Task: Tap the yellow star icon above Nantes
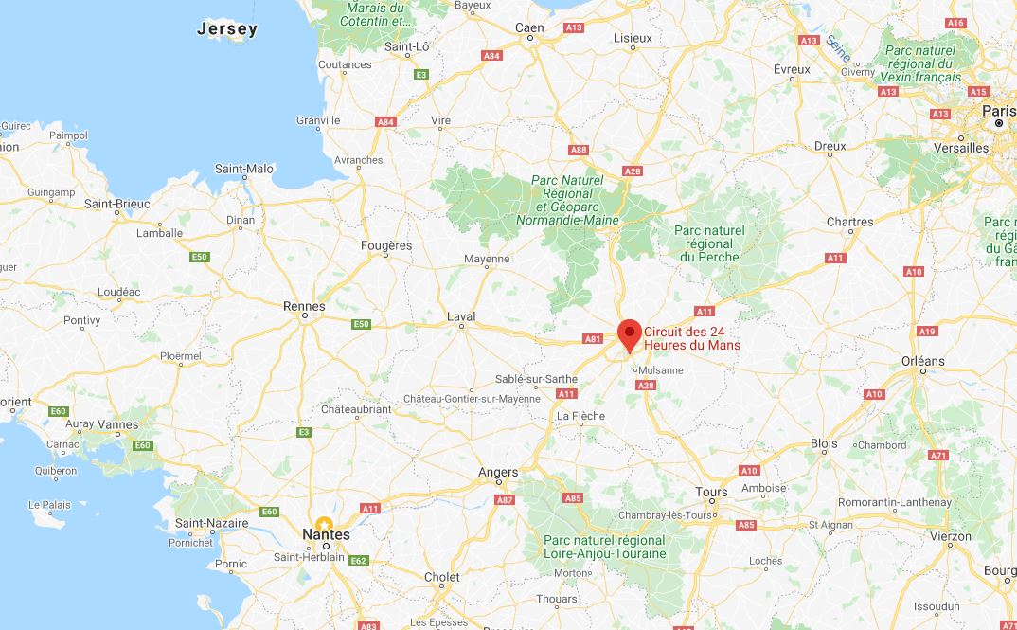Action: [324, 524]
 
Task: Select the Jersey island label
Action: [227, 29]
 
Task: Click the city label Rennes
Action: [304, 306]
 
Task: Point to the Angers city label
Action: [498, 472]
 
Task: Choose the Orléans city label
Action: [922, 360]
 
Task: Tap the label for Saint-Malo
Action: [244, 169]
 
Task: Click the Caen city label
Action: [529, 27]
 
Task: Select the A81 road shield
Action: [593, 338]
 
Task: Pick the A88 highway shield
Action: [578, 150]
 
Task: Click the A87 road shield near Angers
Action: [505, 499]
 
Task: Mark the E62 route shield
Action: [358, 561]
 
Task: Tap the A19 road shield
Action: [927, 331]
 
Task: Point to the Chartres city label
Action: [849, 222]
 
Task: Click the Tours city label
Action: [711, 492]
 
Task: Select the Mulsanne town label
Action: [660, 370]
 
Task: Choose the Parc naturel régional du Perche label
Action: [709, 243]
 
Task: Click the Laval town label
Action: [461, 316]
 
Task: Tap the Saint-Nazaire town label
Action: [211, 523]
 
